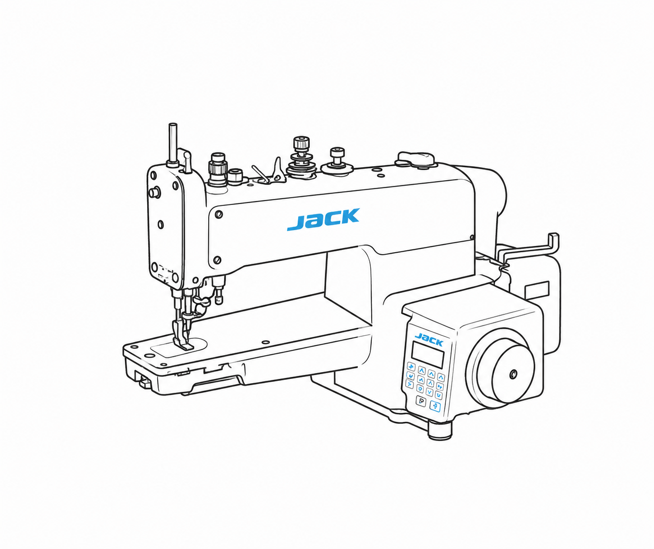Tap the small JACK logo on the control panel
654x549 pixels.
429,339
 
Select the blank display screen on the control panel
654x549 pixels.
428,355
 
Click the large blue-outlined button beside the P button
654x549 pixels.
435,406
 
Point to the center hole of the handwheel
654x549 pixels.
513,374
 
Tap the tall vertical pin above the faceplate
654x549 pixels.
172,144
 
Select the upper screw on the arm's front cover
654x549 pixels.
219,215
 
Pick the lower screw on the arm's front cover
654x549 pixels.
217,260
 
